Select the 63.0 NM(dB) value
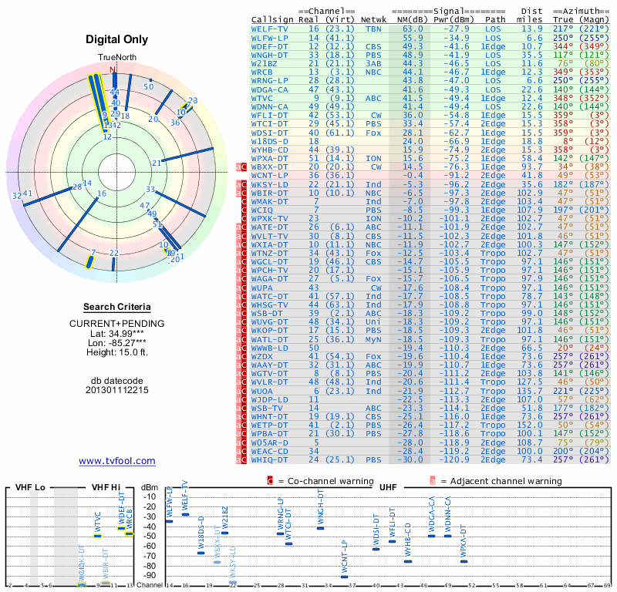pyautogui.click(x=412, y=29)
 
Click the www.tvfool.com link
pyautogui.click(x=116, y=461)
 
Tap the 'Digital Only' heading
pyautogui.click(x=116, y=39)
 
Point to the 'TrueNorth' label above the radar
pyautogui.click(x=116, y=59)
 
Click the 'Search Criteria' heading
pyautogui.click(x=116, y=307)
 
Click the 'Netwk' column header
pyautogui.click(x=373, y=18)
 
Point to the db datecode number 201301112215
pyautogui.click(x=116, y=390)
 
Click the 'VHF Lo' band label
pyautogui.click(x=29, y=488)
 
